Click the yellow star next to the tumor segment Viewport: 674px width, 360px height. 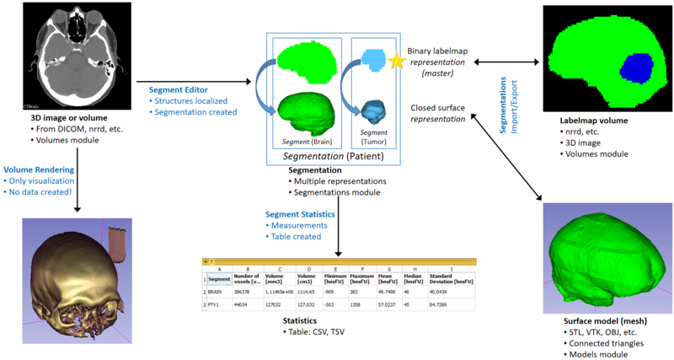click(x=399, y=61)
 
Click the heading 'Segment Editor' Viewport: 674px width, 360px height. click(x=179, y=89)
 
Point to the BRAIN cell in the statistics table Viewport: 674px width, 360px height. click(x=219, y=289)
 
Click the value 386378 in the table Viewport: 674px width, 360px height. click(x=245, y=289)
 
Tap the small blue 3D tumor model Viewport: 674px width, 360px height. click(x=372, y=109)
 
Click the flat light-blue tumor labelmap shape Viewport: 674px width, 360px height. click(x=371, y=58)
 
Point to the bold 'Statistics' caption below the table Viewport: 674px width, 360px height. click(x=300, y=320)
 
